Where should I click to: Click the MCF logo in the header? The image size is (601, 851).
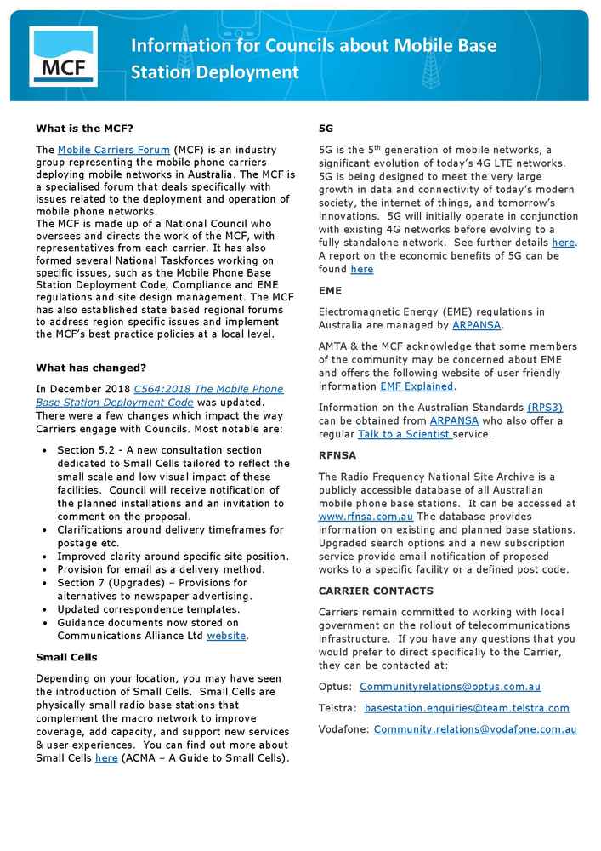(x=63, y=56)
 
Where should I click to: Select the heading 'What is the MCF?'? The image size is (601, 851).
(x=84, y=129)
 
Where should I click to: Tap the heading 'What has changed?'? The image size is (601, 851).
(x=91, y=368)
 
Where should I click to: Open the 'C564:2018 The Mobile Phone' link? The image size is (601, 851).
(x=208, y=389)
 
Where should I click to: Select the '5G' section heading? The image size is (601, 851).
(x=326, y=129)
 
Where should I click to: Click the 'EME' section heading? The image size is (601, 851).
(x=330, y=291)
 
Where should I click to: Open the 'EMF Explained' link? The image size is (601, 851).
(x=417, y=386)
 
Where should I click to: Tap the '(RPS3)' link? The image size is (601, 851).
(x=544, y=408)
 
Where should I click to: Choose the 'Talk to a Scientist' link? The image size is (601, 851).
(x=405, y=435)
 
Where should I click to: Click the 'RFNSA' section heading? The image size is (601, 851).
(x=337, y=455)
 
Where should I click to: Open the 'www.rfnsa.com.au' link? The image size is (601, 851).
(x=366, y=517)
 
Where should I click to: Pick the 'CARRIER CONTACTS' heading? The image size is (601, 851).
(x=376, y=591)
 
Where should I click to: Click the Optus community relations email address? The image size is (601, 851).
(x=450, y=687)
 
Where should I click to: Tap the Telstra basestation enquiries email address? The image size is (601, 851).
(x=467, y=708)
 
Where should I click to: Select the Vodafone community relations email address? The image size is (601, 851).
(x=475, y=729)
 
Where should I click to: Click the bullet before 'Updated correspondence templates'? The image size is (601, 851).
(x=44, y=609)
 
